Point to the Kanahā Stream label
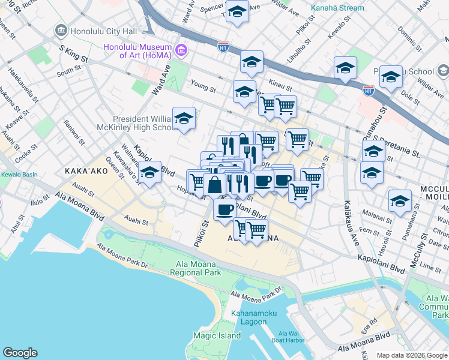pyautogui.click(x=337, y=8)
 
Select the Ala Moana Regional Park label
pyautogui.click(x=198, y=268)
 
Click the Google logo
pyautogui.click(x=20, y=353)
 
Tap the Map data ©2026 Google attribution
pyautogui.click(x=412, y=355)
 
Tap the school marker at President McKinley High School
pyautogui.click(x=184, y=119)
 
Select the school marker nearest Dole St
pyautogui.click(x=391, y=78)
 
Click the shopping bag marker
pyautogui.click(x=215, y=185)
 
